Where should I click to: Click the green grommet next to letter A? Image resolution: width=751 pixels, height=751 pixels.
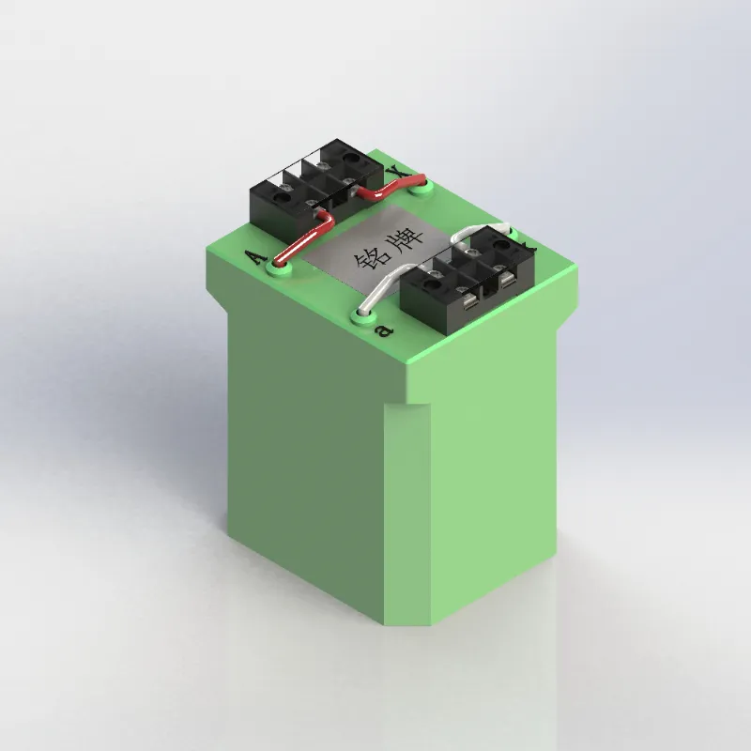coord(279,269)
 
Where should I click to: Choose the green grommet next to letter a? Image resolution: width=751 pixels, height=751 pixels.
coord(361,314)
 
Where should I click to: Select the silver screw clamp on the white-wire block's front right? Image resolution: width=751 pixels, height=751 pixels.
coord(507,281)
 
